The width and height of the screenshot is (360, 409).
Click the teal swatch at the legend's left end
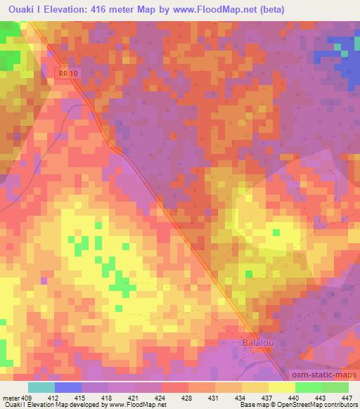[41, 387]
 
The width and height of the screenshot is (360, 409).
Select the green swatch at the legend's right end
[335, 387]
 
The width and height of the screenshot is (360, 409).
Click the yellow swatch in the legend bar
[281, 387]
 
